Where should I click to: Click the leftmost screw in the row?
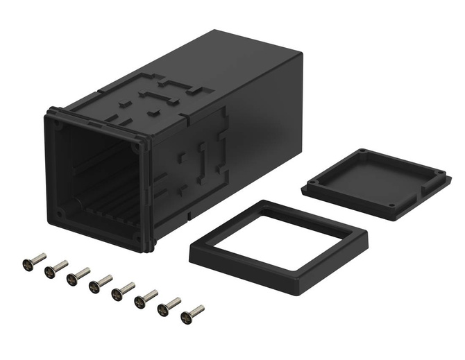33,262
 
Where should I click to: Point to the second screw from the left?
56,269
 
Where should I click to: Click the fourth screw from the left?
100,284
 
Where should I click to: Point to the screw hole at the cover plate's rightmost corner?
439,172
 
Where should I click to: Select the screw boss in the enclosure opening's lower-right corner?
138,239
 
